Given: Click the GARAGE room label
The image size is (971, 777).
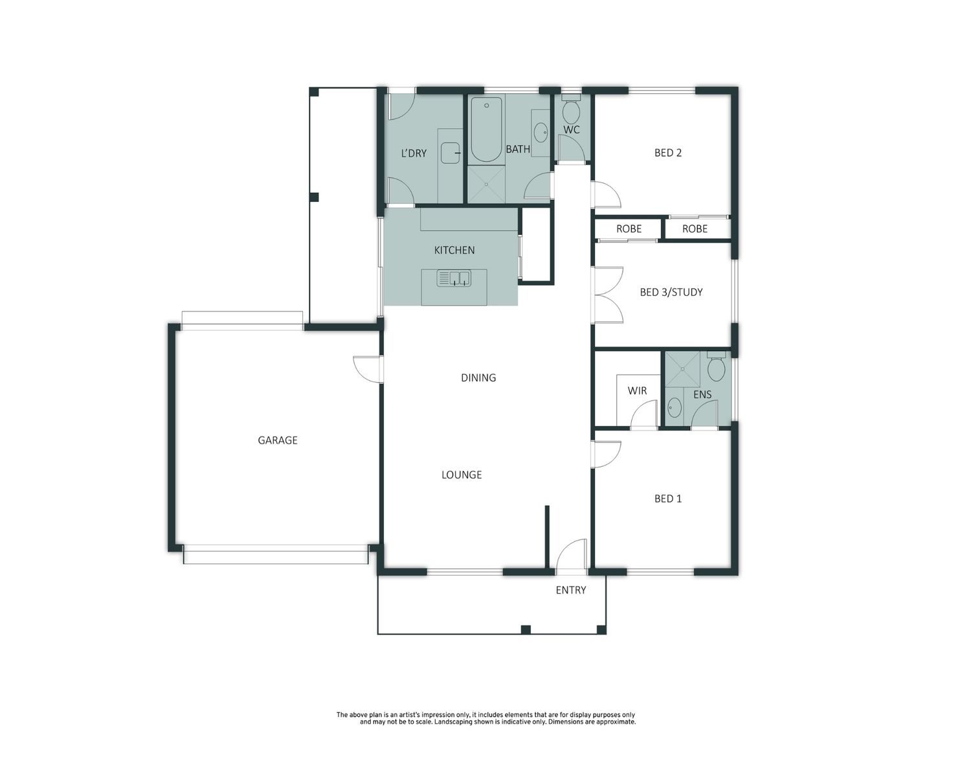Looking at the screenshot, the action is pyautogui.click(x=278, y=440).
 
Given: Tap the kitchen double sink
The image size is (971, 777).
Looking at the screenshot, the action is pyautogui.click(x=454, y=278).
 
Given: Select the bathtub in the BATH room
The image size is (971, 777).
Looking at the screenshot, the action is pyautogui.click(x=486, y=130).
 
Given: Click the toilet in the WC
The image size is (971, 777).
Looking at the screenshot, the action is pyautogui.click(x=571, y=109).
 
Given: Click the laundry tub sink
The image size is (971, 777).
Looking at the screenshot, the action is pyautogui.click(x=451, y=153).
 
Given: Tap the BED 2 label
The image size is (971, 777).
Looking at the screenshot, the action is pyautogui.click(x=668, y=153).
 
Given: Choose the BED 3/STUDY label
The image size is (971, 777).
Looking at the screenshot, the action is pyautogui.click(x=671, y=293).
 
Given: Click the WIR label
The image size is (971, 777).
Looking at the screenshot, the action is pyautogui.click(x=637, y=390).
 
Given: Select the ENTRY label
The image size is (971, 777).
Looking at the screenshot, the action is pyautogui.click(x=571, y=590).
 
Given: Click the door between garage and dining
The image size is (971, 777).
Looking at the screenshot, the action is pyautogui.click(x=368, y=370).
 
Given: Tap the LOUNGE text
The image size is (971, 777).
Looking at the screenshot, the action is pyautogui.click(x=462, y=475).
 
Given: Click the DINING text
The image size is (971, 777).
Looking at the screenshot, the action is pyautogui.click(x=478, y=378).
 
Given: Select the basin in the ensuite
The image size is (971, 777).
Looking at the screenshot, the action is pyautogui.click(x=675, y=408).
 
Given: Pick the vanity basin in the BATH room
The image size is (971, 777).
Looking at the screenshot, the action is pyautogui.click(x=540, y=133).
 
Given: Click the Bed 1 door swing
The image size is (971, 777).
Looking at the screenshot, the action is pyautogui.click(x=606, y=454).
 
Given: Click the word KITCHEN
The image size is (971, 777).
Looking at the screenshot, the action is pyautogui.click(x=454, y=250).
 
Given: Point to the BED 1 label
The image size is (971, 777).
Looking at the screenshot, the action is pyautogui.click(x=668, y=499).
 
